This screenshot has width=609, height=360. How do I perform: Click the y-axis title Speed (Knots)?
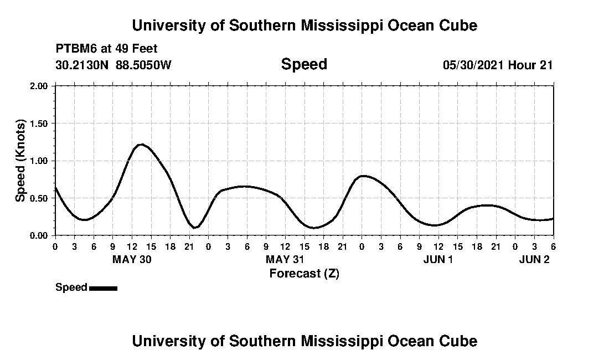point(20,161)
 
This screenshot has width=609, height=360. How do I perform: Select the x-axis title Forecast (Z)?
point(304,273)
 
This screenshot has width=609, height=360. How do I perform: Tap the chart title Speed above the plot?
point(304,64)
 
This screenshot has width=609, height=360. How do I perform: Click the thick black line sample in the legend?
point(103,288)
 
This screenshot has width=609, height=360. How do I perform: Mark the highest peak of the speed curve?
point(141,145)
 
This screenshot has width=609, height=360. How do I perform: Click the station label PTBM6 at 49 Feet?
point(106,49)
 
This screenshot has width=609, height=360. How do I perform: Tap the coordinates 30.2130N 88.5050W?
point(113,65)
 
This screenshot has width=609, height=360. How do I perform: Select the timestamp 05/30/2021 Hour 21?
point(497,65)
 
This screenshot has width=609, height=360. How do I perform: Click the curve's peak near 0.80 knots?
point(363,176)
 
